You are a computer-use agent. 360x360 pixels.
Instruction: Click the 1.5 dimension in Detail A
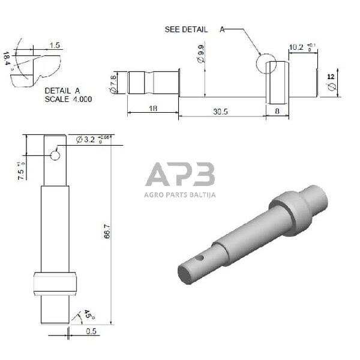click(x=55, y=45)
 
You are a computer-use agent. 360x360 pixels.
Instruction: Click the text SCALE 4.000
click(x=68, y=99)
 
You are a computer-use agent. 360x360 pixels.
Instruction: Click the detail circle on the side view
click(x=265, y=62)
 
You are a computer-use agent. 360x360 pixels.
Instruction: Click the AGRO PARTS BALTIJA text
click(x=179, y=194)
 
